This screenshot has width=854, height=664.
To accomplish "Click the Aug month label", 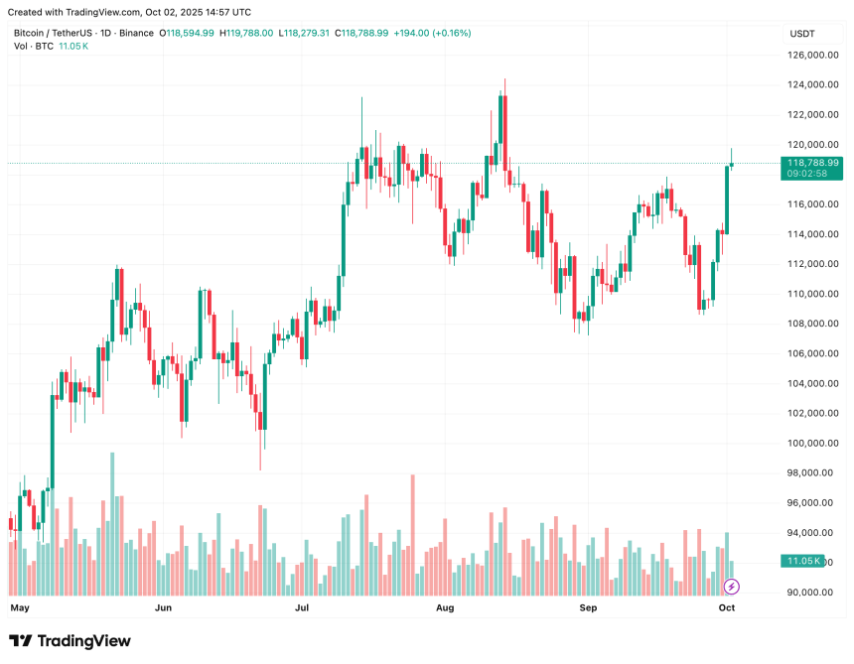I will [445, 605].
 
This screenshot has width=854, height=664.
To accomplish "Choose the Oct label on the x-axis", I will [726, 605].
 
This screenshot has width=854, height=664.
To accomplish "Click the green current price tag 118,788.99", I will [812, 162].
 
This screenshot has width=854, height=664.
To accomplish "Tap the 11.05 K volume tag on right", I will [803, 562].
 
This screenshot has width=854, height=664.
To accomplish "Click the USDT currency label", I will [801, 34].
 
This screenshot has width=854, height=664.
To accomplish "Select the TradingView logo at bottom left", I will [70, 641].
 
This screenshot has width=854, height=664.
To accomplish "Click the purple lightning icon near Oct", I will [732, 587].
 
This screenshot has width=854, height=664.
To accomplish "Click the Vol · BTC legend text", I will [34, 46].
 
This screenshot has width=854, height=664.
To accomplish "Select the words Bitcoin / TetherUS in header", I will [50, 33].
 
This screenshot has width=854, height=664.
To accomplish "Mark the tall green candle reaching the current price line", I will [727, 199].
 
